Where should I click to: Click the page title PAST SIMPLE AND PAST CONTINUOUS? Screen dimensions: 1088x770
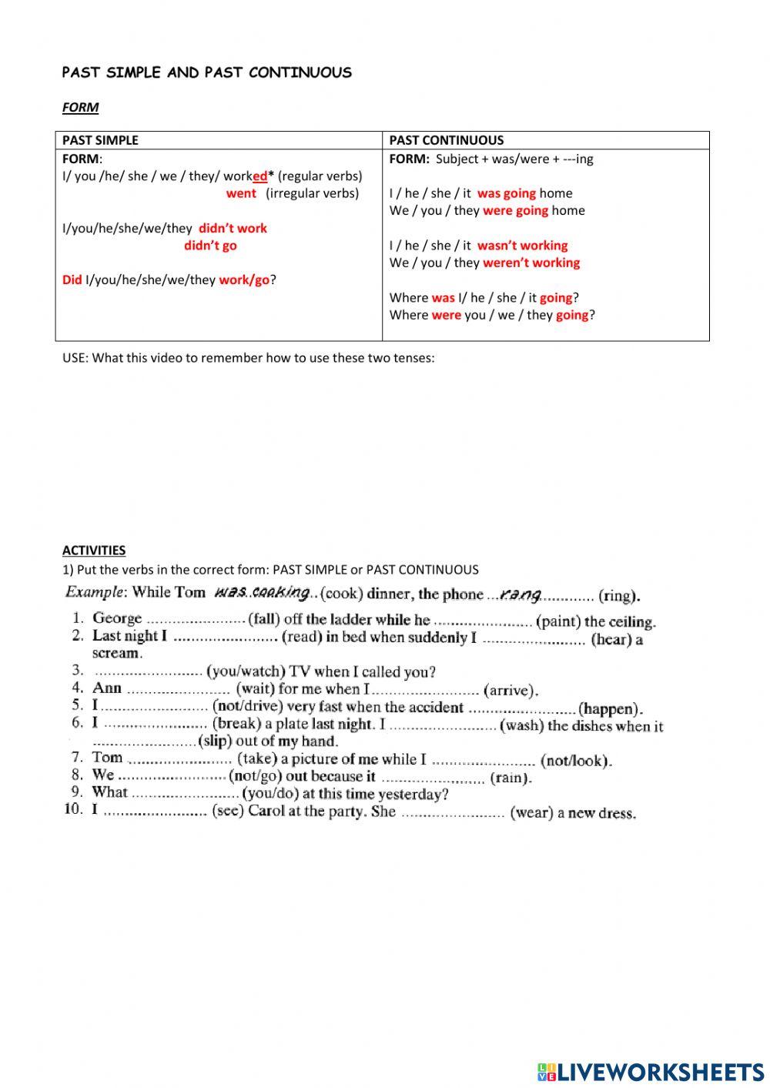206,72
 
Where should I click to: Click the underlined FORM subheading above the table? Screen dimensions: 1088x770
80,107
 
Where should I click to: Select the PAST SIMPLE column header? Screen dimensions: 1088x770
100,140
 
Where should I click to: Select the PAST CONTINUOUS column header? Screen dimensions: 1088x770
446,140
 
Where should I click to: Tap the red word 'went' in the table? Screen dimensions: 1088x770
241,193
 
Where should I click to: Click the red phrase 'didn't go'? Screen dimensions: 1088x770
210,246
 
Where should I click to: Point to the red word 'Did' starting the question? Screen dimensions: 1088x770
72,280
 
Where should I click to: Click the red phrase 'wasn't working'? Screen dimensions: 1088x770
522,246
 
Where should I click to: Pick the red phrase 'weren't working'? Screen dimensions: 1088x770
531,263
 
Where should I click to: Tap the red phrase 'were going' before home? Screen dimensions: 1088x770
515,210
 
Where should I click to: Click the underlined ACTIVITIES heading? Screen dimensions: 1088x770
93,550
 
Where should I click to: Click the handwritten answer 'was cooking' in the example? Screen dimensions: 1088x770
262,592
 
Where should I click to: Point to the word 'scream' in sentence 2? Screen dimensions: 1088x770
116,653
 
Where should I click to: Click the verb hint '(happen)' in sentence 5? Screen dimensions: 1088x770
610,708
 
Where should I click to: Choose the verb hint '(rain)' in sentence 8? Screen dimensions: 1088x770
511,778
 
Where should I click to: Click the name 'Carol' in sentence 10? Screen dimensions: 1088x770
266,812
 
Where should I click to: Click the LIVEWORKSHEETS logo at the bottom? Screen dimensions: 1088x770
651,1072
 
